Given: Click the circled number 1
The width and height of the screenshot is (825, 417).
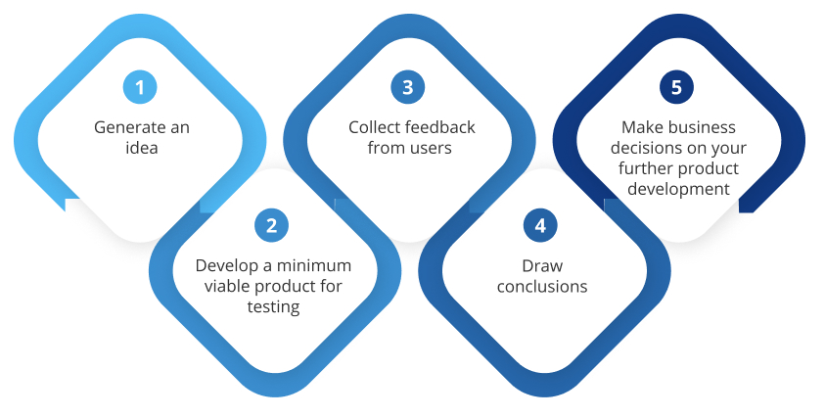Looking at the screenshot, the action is pyautogui.click(x=140, y=87).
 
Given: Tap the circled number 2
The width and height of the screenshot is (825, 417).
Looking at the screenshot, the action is pyautogui.click(x=271, y=226).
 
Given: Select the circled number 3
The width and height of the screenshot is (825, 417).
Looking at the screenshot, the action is pyautogui.click(x=408, y=87).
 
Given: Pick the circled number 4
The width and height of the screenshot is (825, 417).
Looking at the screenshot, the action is pyautogui.click(x=540, y=226).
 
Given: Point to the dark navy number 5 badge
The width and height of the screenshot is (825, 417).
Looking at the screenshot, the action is pyautogui.click(x=676, y=87).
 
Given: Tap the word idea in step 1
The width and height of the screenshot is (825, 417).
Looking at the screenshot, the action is pyautogui.click(x=142, y=148).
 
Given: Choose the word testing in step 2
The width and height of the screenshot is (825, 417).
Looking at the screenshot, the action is pyautogui.click(x=274, y=307).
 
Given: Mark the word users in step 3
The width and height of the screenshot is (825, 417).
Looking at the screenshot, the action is pyautogui.click(x=431, y=149).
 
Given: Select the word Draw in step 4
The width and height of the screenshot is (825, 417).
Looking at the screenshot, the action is pyautogui.click(x=542, y=266).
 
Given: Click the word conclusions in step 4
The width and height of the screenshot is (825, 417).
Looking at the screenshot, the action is pyautogui.click(x=542, y=287).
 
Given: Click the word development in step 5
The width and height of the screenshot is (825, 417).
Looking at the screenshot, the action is pyautogui.click(x=679, y=189).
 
